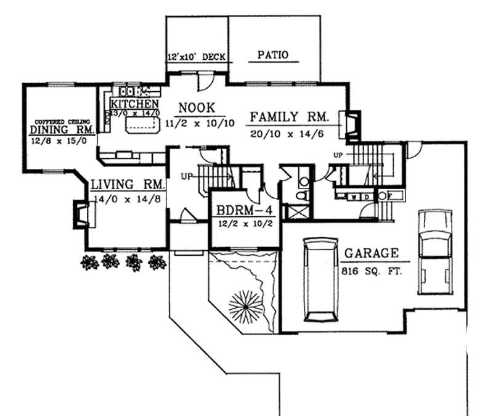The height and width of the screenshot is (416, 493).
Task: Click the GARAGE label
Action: click(371, 253)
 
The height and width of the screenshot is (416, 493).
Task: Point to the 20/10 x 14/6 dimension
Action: click(288, 134)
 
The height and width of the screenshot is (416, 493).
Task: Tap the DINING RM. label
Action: click(62, 130)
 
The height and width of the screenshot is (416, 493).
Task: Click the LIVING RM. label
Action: click(128, 184)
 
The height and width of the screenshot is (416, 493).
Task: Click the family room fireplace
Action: click(352, 123)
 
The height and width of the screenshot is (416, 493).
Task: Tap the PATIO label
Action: click(272, 55)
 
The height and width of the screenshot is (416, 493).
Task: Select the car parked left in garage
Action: click(320, 280)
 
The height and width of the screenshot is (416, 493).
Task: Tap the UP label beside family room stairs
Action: click(338, 154)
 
